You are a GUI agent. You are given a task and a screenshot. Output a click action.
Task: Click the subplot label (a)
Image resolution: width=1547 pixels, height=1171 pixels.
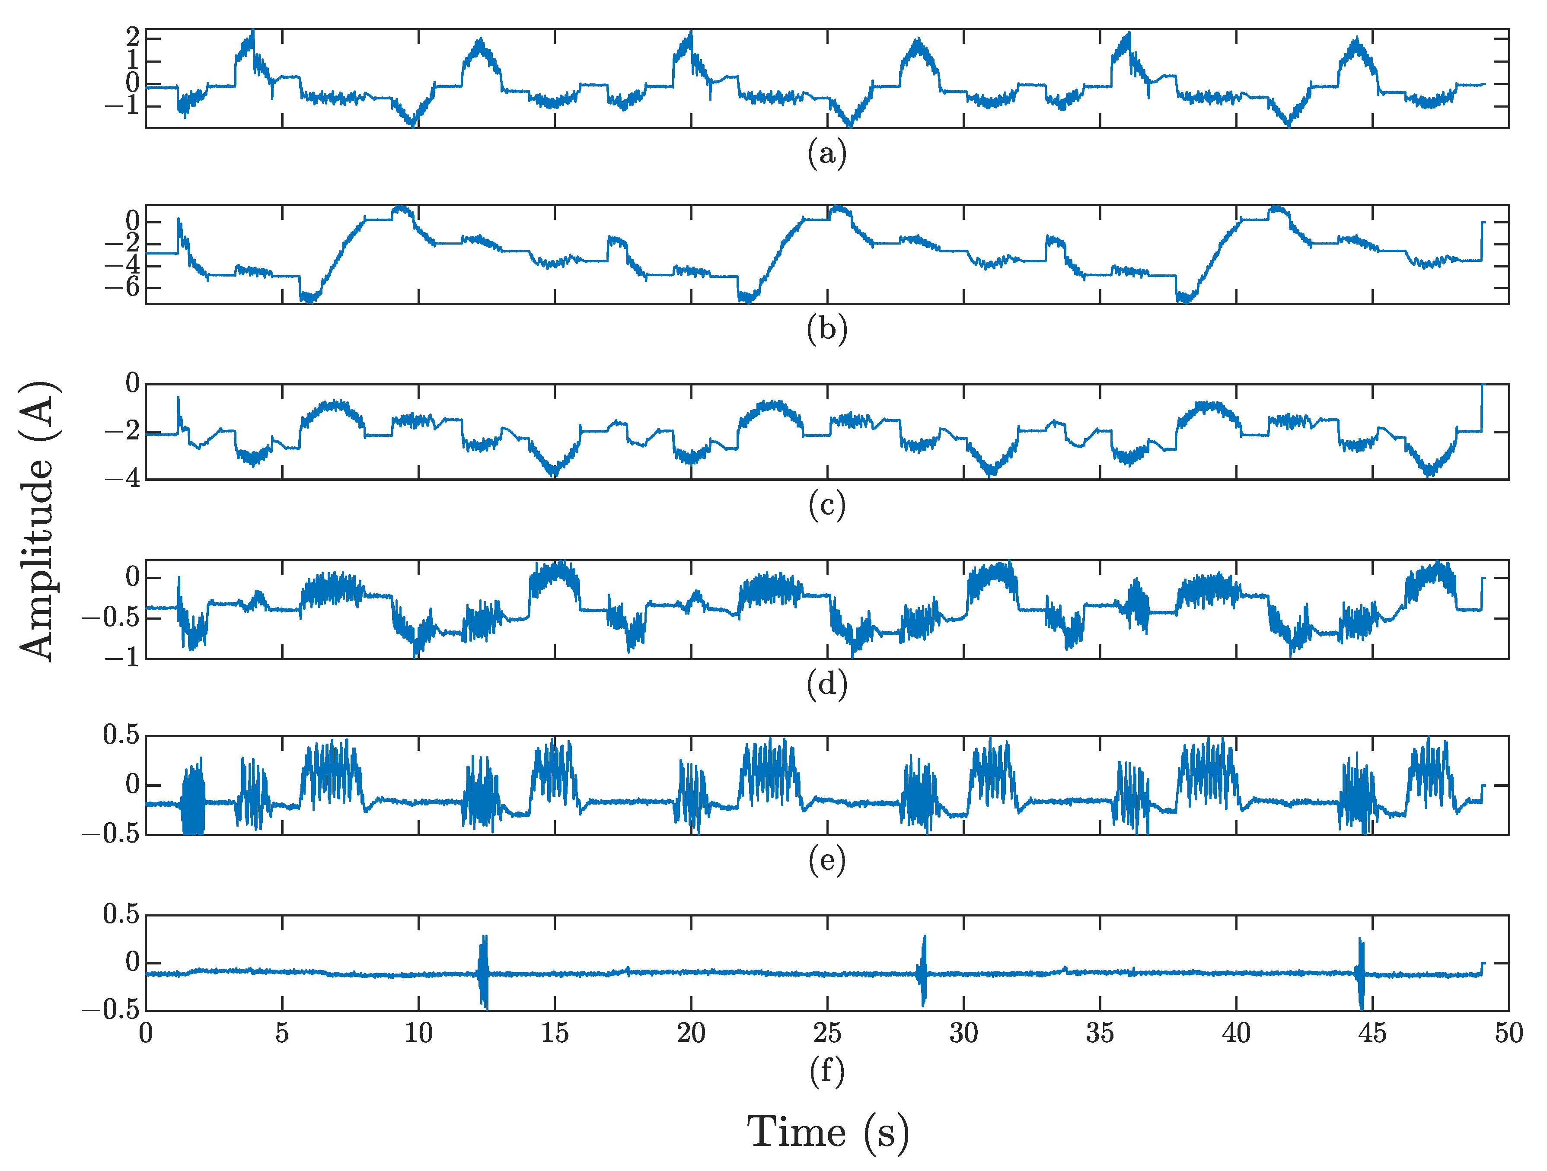[826, 153]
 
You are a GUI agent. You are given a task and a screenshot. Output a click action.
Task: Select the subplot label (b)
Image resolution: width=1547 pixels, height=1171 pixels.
[826, 328]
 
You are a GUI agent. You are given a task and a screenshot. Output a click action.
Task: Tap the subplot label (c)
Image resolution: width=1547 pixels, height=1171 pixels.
[826, 505]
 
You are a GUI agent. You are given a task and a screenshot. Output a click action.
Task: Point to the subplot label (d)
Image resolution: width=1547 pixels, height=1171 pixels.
[826, 684]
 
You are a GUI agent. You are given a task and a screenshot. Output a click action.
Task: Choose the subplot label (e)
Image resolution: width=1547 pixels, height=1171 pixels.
[826, 860]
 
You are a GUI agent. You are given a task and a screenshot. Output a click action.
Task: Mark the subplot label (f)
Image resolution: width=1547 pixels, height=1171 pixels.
[826, 1071]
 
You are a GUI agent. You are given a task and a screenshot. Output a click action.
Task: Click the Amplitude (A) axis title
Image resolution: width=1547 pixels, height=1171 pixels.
[38, 521]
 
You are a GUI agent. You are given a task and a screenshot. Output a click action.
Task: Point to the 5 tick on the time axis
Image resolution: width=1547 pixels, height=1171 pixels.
[282, 1033]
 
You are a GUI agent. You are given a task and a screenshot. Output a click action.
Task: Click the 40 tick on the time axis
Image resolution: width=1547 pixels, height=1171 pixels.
[1236, 1033]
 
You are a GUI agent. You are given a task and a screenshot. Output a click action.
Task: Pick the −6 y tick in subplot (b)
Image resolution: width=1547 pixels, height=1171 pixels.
[123, 287]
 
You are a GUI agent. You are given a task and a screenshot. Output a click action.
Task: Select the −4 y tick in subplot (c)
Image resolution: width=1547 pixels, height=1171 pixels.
[123, 480]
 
